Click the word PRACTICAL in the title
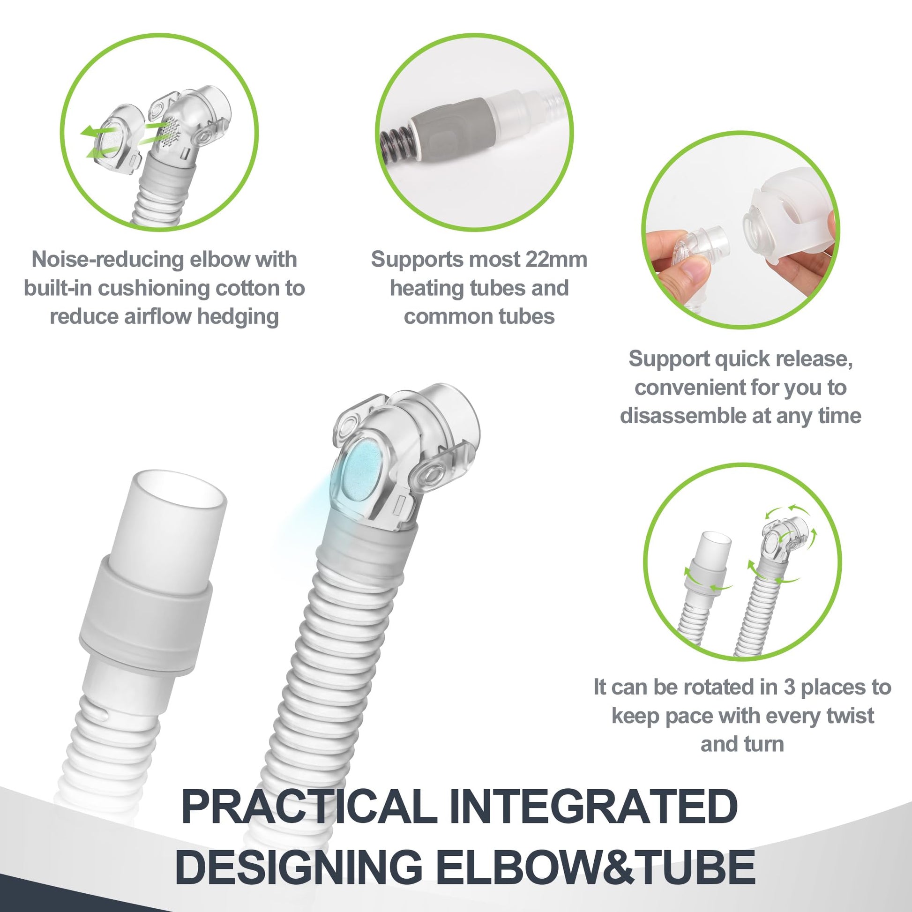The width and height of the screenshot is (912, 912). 310,807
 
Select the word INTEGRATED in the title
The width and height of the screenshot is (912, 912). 593,807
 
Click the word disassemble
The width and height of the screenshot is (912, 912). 680,416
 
